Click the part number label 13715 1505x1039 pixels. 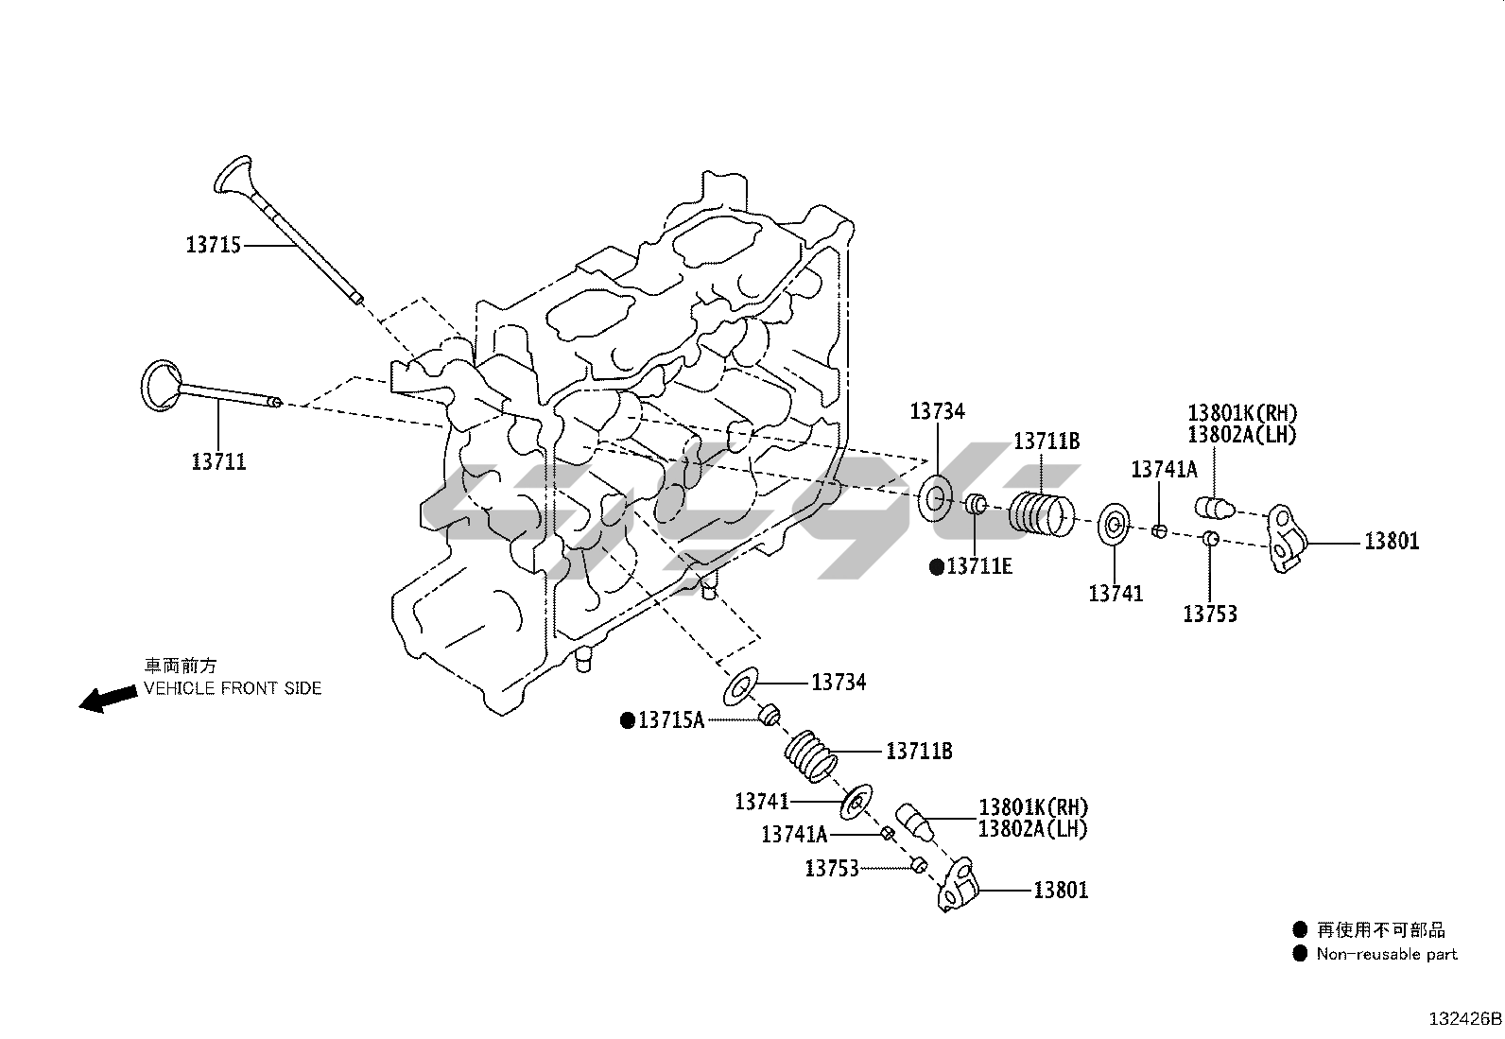214,246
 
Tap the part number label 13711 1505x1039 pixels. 218,462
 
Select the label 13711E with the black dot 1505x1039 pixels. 978,566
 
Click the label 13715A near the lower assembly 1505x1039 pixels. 670,720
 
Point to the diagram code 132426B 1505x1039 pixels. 1464,1019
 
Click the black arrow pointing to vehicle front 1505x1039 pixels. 107,699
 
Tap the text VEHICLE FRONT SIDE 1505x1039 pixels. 233,688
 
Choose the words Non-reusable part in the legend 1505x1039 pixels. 1387,955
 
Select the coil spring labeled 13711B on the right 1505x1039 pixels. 1043,513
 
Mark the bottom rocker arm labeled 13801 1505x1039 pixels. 957,885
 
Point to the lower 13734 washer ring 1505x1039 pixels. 741,687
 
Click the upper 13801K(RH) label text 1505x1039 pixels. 1242,413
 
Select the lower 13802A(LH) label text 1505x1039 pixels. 1032,829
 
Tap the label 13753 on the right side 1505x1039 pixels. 1210,615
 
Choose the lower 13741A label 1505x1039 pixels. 794,834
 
